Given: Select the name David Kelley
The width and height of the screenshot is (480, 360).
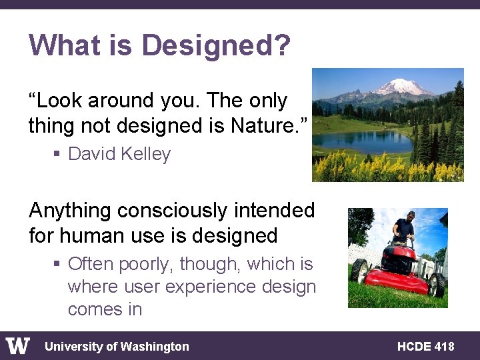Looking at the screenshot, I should [119, 154].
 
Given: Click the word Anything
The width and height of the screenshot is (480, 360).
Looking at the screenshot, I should [71, 211].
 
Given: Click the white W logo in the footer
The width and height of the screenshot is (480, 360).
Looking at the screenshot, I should [18, 346].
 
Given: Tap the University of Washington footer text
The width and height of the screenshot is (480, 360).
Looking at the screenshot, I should [117, 347].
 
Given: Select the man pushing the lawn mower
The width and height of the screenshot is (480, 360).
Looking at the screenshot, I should [404, 230].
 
